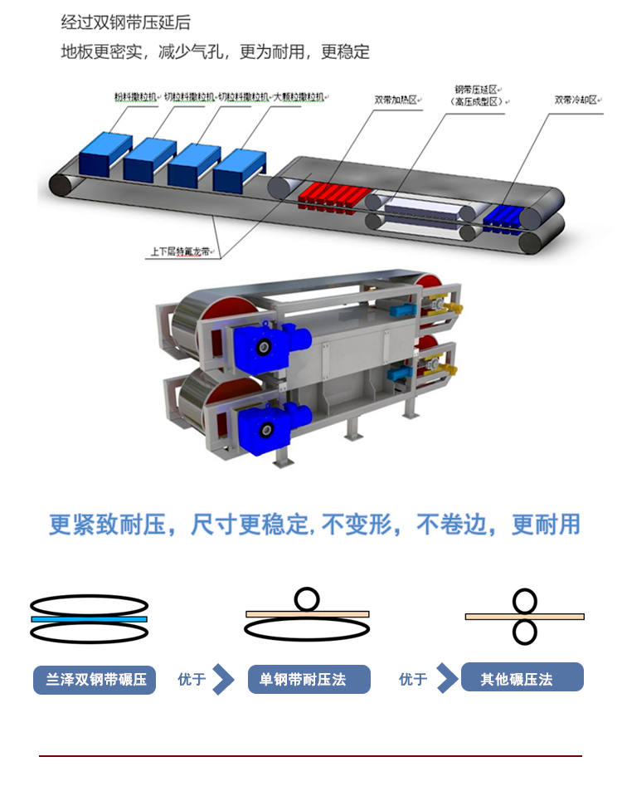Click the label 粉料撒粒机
pyautogui.click(x=134, y=97)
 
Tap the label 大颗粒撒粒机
pyautogui.click(x=300, y=97)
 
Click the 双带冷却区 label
pyautogui.click(x=576, y=100)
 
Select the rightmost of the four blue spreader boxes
pyautogui.click(x=239, y=168)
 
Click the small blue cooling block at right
pyautogui.click(x=510, y=216)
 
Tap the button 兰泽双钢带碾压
pyautogui.click(x=94, y=680)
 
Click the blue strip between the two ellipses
pyautogui.click(x=89, y=618)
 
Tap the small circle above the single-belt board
pyautogui.click(x=307, y=598)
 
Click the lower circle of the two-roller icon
pyautogui.click(x=524, y=632)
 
